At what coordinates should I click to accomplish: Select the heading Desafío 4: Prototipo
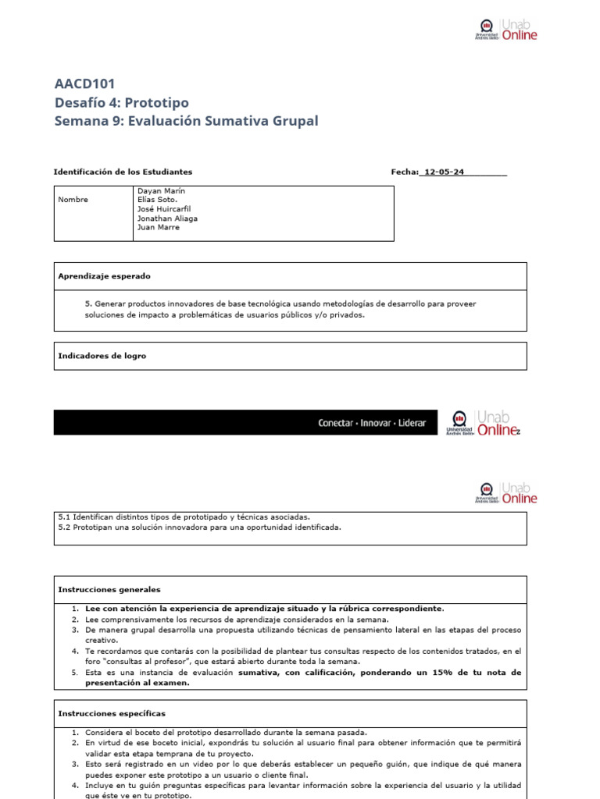click(121, 103)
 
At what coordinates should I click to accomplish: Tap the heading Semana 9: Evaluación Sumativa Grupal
click(186, 121)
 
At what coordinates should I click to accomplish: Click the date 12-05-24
click(443, 172)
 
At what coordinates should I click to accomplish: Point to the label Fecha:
click(405, 172)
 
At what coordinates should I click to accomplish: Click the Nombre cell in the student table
click(73, 200)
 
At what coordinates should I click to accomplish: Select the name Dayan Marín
click(161, 190)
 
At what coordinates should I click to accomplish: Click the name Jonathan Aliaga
click(167, 218)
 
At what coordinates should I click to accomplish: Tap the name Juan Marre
click(158, 228)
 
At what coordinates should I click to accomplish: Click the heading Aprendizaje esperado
click(104, 276)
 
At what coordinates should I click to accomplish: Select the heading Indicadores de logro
click(102, 356)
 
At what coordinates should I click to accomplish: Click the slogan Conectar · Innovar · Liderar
click(372, 423)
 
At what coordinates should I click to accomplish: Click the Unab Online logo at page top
click(506, 30)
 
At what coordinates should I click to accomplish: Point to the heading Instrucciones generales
click(109, 590)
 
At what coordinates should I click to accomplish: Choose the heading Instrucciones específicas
click(112, 713)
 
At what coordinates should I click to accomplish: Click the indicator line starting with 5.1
click(184, 517)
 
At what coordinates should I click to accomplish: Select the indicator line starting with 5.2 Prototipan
click(199, 527)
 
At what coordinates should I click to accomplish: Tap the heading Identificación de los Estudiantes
click(123, 172)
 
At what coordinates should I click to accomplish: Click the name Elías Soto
click(157, 200)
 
